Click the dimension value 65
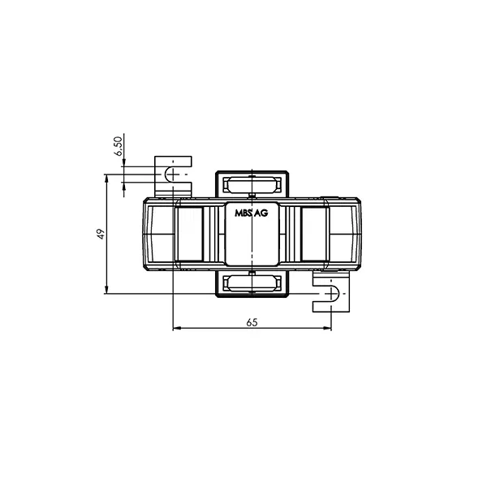[252, 322]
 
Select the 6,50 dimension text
[118, 146]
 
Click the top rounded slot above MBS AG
[252, 183]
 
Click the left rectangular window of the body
[190, 234]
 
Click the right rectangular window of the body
[313, 234]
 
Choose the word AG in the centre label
[261, 213]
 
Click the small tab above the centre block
[252, 196]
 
